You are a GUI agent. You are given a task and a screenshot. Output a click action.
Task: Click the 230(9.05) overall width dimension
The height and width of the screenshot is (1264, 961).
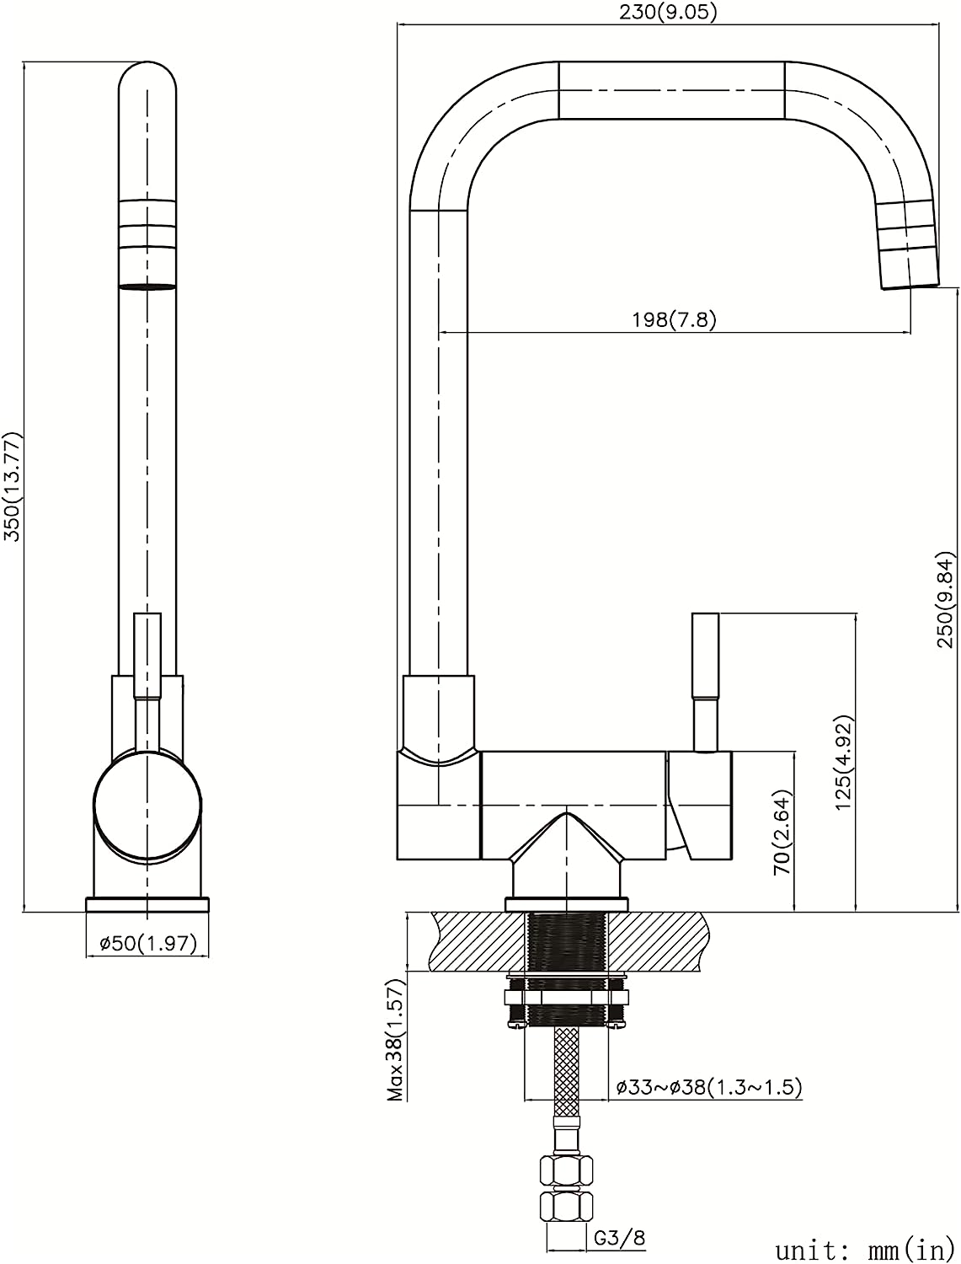pos(668,13)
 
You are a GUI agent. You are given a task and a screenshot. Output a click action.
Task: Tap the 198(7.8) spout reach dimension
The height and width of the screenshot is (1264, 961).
pos(675,319)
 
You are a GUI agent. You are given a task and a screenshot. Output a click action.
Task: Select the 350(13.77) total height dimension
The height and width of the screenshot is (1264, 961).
pos(12,486)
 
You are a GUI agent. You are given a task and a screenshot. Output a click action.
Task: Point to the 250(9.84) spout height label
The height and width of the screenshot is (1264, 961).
pos(947,599)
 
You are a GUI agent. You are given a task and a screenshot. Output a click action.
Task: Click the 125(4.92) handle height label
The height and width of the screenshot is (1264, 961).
pos(844,763)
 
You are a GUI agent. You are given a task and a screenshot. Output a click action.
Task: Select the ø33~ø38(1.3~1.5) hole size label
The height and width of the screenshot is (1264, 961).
pos(708,1087)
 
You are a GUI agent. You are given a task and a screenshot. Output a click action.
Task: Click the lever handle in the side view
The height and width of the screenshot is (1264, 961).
pos(706,683)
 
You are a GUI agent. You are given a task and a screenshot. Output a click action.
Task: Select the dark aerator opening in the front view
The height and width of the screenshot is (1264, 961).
pos(147,287)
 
